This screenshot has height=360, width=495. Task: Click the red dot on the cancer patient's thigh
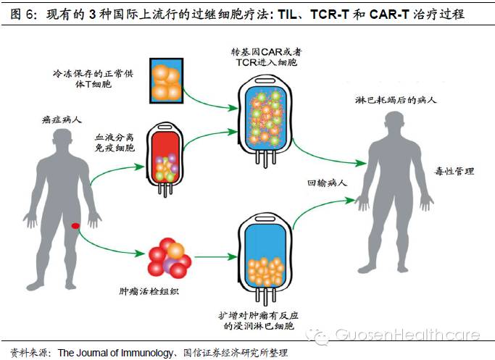75,227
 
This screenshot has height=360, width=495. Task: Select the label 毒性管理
457,172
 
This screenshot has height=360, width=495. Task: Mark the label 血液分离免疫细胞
115,143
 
